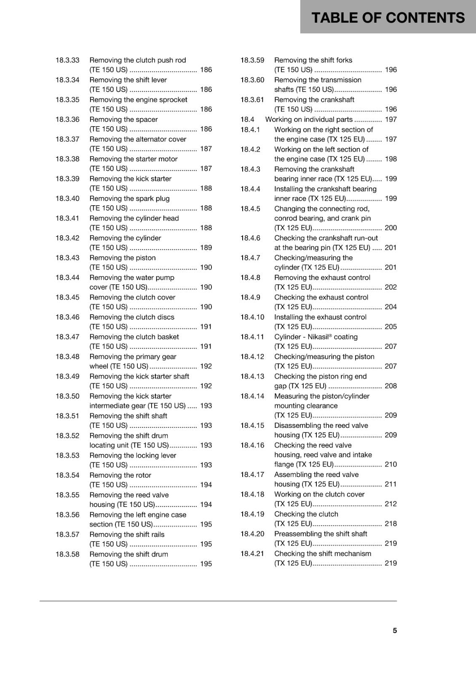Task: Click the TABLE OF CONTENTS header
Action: click(x=388, y=18)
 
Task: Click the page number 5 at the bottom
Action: click(x=395, y=631)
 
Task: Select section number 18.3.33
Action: click(x=67, y=60)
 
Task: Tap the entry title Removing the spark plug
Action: click(x=129, y=199)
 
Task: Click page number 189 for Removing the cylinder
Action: click(x=206, y=248)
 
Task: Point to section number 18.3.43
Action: click(x=67, y=258)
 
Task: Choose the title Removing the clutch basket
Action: click(x=134, y=337)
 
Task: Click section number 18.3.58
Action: click(x=67, y=554)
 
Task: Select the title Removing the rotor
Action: click(x=120, y=475)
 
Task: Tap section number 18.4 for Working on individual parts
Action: click(x=247, y=119)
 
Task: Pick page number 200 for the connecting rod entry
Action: click(x=390, y=228)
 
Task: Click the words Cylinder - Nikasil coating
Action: click(x=316, y=337)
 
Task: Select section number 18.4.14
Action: click(x=252, y=396)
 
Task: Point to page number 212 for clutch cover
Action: click(x=390, y=504)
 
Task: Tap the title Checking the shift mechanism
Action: click(x=323, y=554)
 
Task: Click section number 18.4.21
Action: click(x=252, y=554)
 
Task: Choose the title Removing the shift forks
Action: click(x=313, y=60)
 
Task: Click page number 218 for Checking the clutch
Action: click(x=390, y=524)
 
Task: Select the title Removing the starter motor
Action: click(x=133, y=159)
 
